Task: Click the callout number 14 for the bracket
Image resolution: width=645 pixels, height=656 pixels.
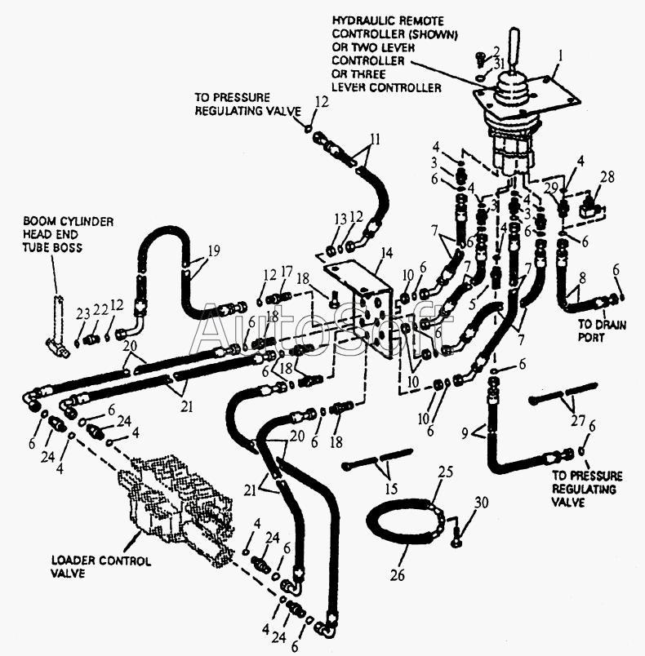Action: (x=386, y=254)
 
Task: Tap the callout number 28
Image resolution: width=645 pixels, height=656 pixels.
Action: (x=607, y=177)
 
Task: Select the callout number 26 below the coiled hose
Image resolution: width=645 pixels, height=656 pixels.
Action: (x=398, y=576)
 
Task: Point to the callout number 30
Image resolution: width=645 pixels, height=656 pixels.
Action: (x=482, y=502)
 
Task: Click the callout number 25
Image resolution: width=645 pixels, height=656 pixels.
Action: (x=445, y=472)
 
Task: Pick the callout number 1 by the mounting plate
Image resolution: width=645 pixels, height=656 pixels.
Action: (x=560, y=55)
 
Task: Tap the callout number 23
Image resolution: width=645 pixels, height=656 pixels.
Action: (x=83, y=313)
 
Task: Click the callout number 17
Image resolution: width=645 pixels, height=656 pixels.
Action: (x=287, y=273)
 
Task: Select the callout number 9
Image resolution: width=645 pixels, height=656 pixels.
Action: (x=465, y=434)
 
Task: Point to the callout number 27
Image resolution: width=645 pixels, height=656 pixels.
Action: (x=578, y=420)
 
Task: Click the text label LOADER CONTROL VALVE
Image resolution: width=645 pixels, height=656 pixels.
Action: (x=101, y=567)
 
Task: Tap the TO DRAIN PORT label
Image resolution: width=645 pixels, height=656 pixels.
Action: (x=603, y=330)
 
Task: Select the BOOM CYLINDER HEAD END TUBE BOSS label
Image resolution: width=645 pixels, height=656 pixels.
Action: (x=69, y=234)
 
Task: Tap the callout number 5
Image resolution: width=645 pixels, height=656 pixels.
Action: (x=473, y=304)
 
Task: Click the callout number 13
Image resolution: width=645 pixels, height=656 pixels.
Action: (x=341, y=219)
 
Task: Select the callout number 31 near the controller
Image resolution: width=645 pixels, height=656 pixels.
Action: (x=499, y=64)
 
